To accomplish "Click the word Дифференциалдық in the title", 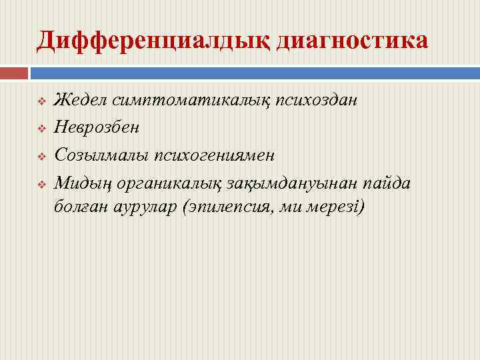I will (x=152, y=40).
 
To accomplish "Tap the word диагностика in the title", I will (x=351, y=40).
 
